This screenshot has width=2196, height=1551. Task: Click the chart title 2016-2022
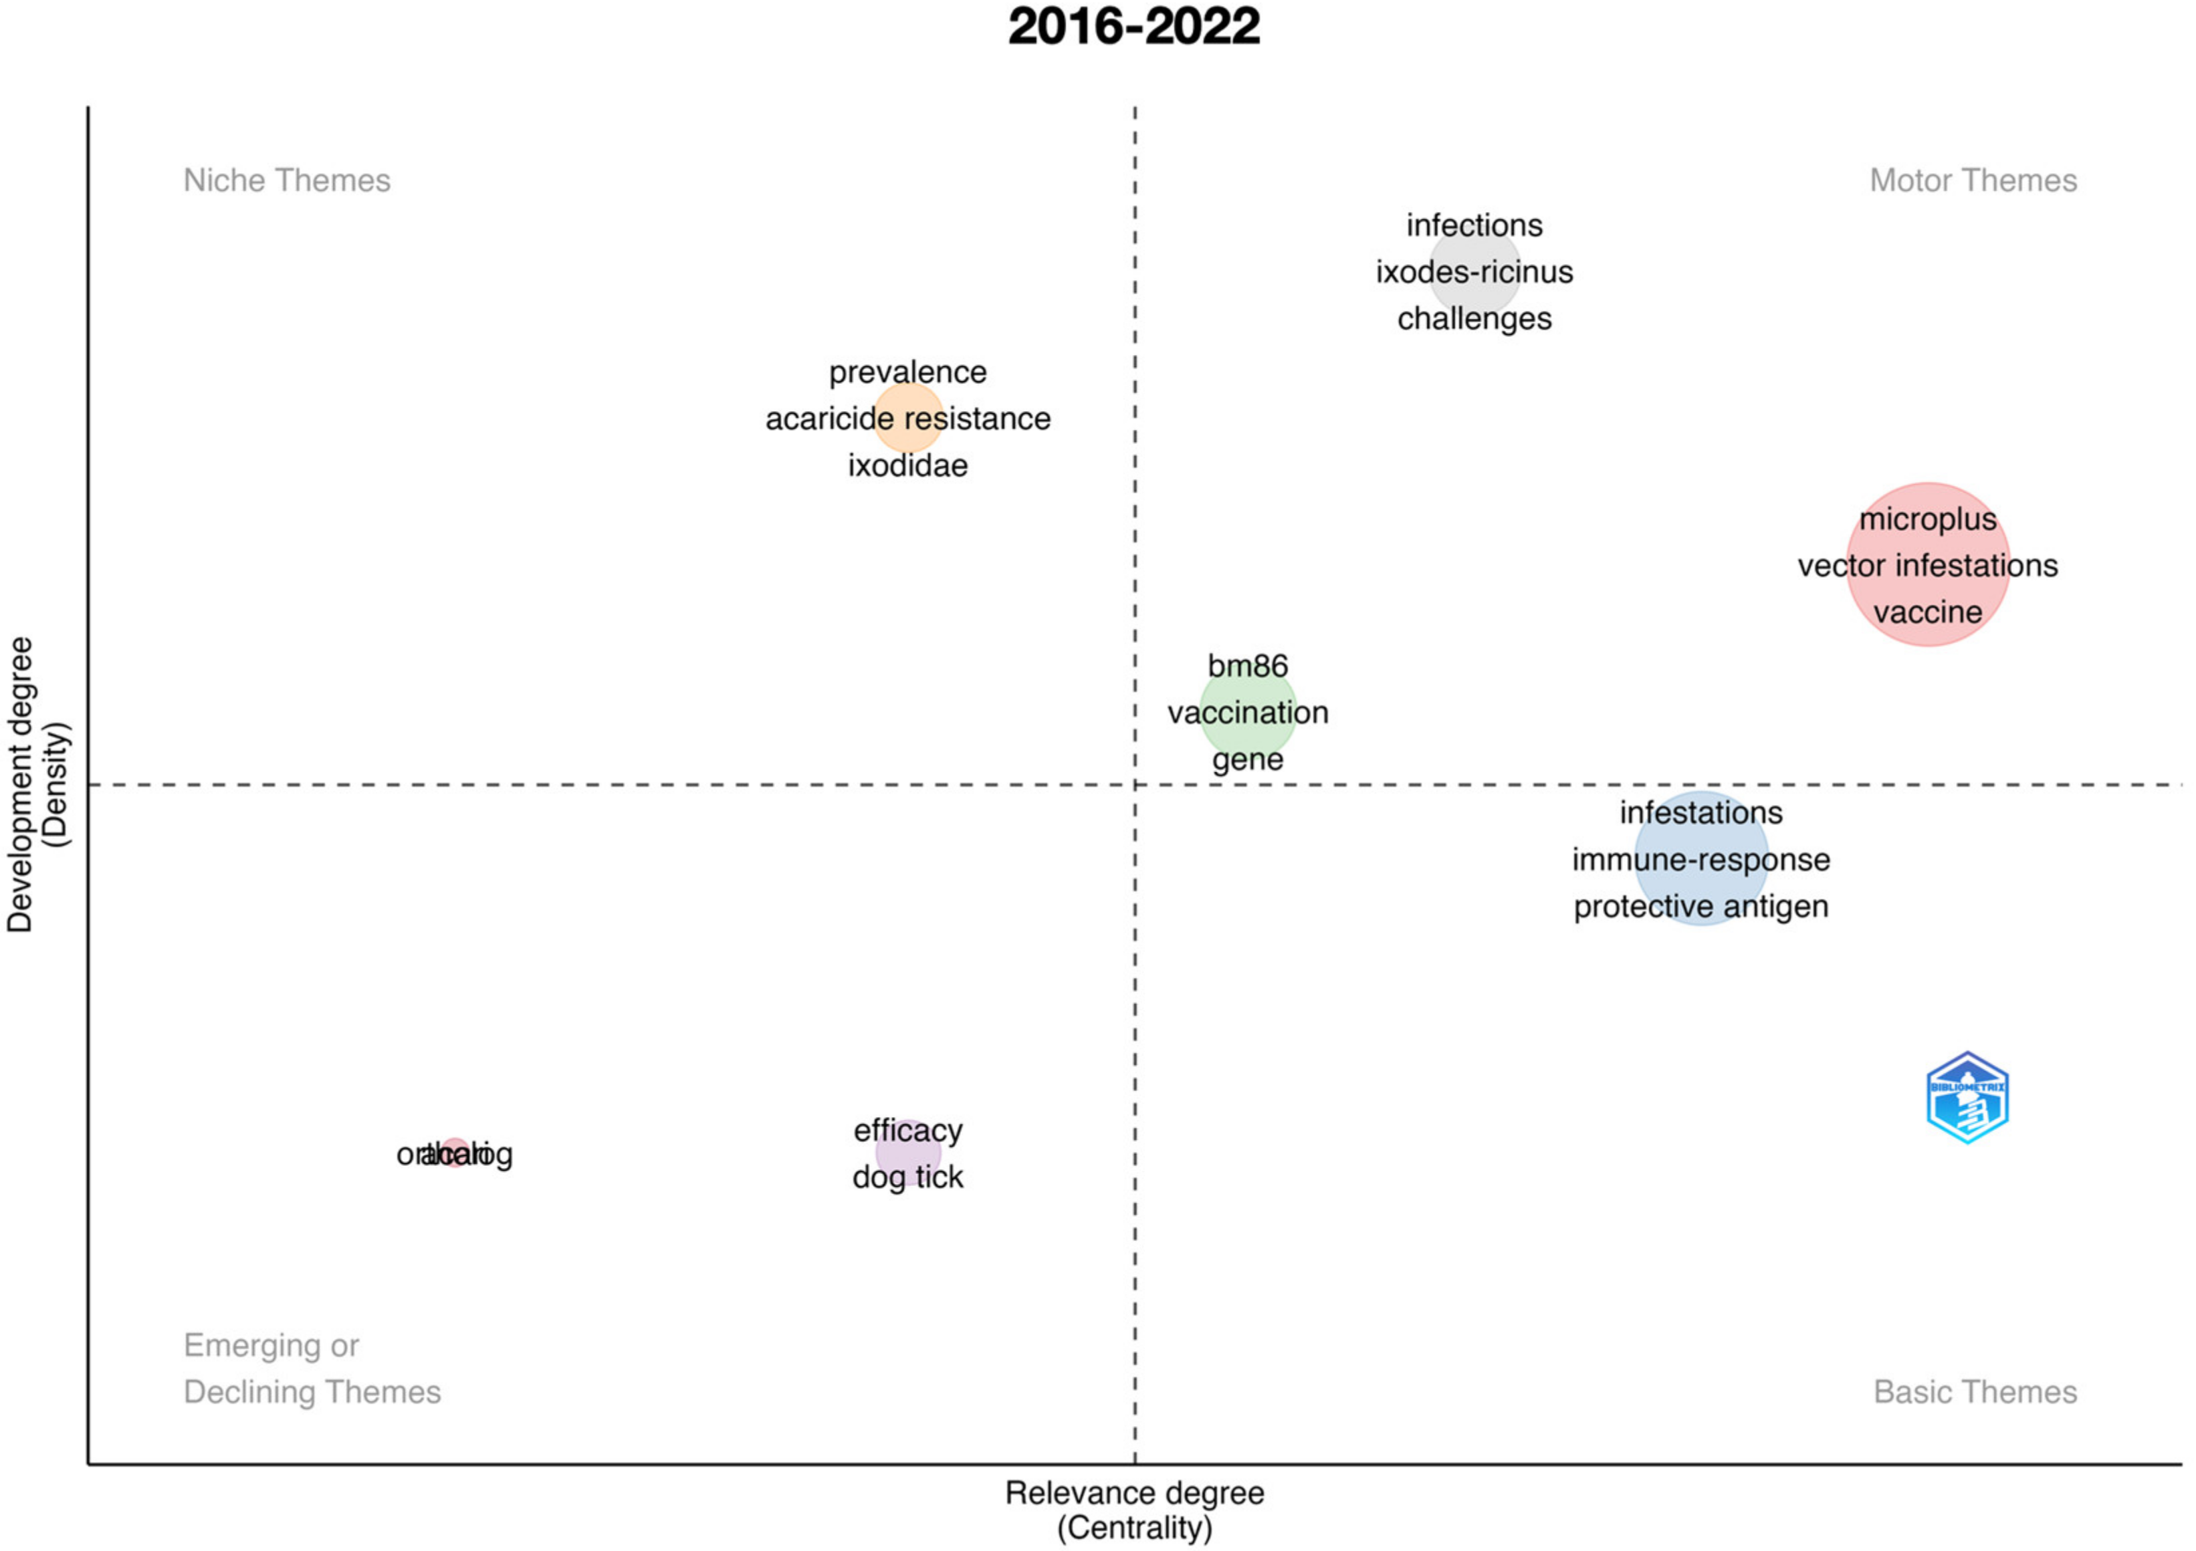click(1133, 27)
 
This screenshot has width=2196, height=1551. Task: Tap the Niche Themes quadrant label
click(287, 180)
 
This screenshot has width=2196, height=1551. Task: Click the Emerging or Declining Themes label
click(312, 1368)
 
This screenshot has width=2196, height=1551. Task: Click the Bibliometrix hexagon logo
click(1967, 1098)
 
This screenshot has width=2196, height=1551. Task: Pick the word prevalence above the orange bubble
click(907, 372)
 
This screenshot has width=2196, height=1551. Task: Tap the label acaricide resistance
click(907, 419)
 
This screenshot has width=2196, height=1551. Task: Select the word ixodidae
click(907, 466)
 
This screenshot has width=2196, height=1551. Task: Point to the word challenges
click(1474, 318)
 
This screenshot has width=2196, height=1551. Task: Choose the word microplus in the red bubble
click(1927, 519)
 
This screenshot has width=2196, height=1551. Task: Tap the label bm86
click(1247, 666)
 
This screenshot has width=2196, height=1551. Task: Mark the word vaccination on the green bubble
click(1247, 713)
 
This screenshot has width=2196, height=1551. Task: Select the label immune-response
click(1700, 860)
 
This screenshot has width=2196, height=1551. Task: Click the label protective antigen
click(1700, 907)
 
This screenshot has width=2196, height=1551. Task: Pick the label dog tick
click(907, 1177)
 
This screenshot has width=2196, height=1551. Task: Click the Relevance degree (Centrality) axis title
click(1134, 1509)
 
